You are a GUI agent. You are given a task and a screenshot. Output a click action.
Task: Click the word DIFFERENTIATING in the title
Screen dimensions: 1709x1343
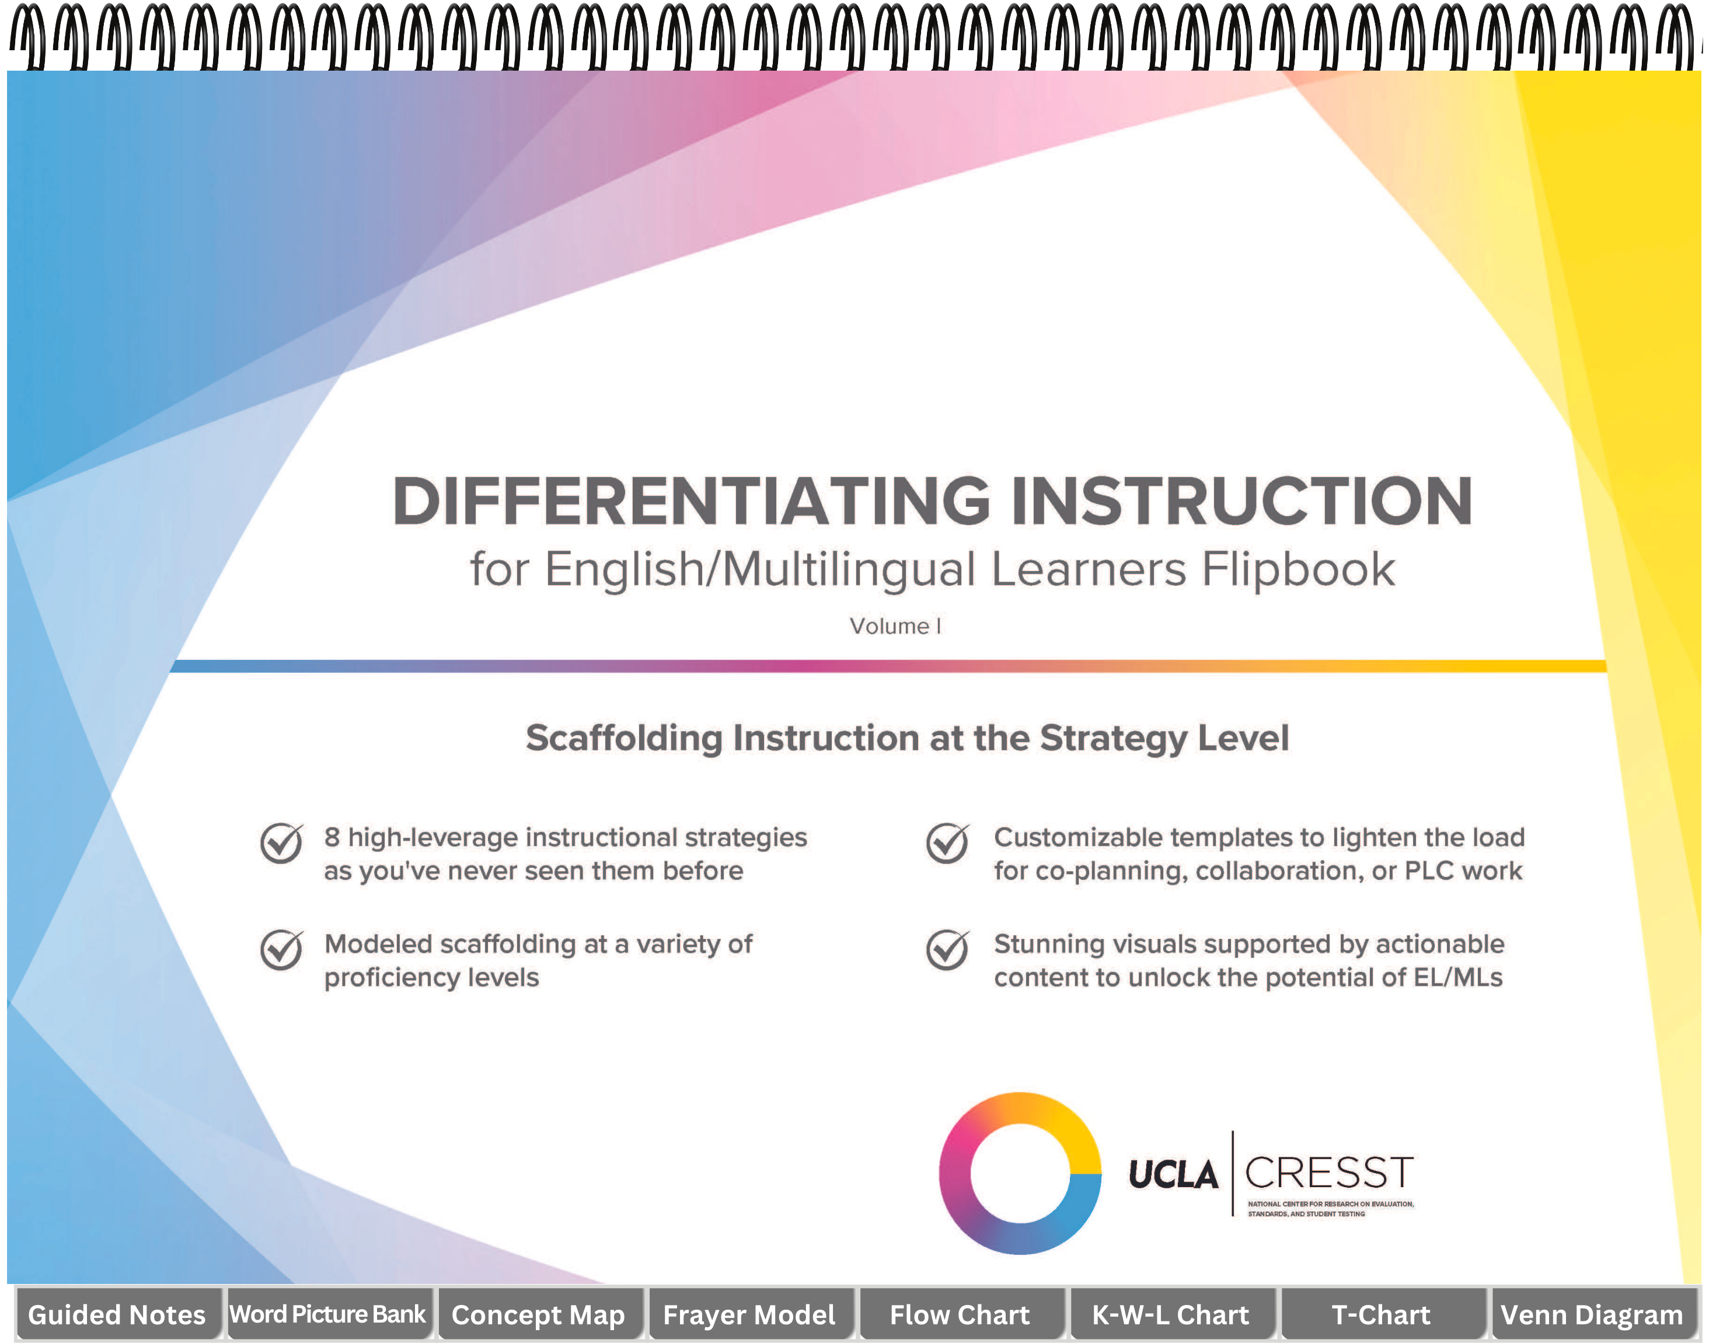click(x=692, y=501)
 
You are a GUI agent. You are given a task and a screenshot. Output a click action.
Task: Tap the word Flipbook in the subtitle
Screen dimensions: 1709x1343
click(x=1299, y=569)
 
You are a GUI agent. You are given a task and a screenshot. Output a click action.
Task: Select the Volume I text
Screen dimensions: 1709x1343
click(x=895, y=626)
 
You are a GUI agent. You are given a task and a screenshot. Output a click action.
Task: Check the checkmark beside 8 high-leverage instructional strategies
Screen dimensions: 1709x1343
click(x=281, y=843)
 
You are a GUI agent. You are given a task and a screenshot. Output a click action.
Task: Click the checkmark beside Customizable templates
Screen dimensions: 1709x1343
click(x=947, y=843)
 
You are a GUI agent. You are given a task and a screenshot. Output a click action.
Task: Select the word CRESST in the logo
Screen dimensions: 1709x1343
click(x=1329, y=1172)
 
